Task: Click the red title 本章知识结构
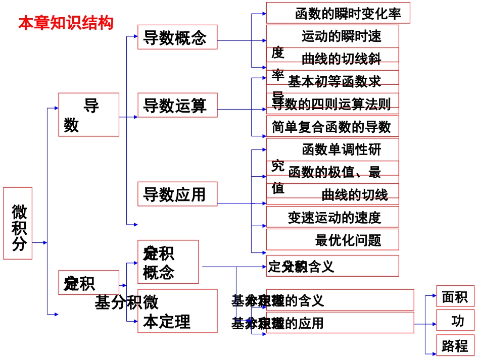click(66, 23)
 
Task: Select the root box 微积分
click(18, 223)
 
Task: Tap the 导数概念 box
click(177, 37)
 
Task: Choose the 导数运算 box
click(177, 106)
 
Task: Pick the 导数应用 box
click(177, 194)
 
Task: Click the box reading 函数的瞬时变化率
click(338, 13)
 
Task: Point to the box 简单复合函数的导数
click(332, 126)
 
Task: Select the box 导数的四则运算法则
click(332, 104)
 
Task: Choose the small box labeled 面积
click(455, 296)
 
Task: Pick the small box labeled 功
click(455, 321)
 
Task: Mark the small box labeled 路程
click(455, 345)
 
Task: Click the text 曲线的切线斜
click(341, 59)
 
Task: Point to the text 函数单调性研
click(341, 149)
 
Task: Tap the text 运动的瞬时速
click(341, 36)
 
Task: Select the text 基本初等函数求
click(334, 81)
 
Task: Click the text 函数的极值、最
click(334, 172)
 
